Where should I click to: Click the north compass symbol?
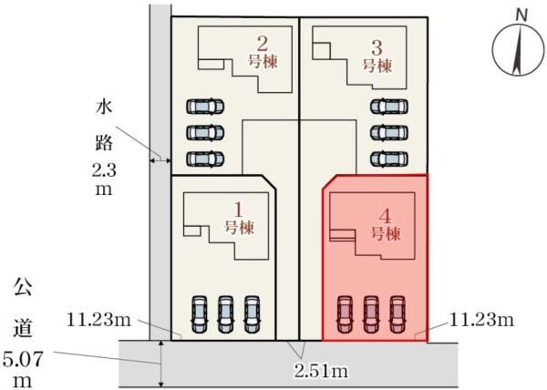point(519,49)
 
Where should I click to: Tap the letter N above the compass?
point(521,15)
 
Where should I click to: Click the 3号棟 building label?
point(377,56)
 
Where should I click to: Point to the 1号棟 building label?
point(239,219)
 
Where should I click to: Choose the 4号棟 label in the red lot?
point(385,225)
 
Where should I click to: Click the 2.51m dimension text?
point(321,372)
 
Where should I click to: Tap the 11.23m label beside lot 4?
point(481,319)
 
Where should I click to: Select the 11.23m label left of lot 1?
point(98,320)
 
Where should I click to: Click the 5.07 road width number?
point(23,359)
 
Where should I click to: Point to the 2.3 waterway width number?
point(104,170)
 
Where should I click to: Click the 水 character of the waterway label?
point(104,108)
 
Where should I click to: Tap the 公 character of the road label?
point(23,287)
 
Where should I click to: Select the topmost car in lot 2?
point(205,107)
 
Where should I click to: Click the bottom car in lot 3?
point(389,159)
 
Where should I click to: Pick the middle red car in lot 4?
point(371,314)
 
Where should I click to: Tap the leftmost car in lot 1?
point(199,314)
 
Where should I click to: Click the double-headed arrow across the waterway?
point(160,160)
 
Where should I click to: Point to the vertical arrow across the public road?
point(160,364)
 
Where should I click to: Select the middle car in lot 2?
point(205,132)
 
